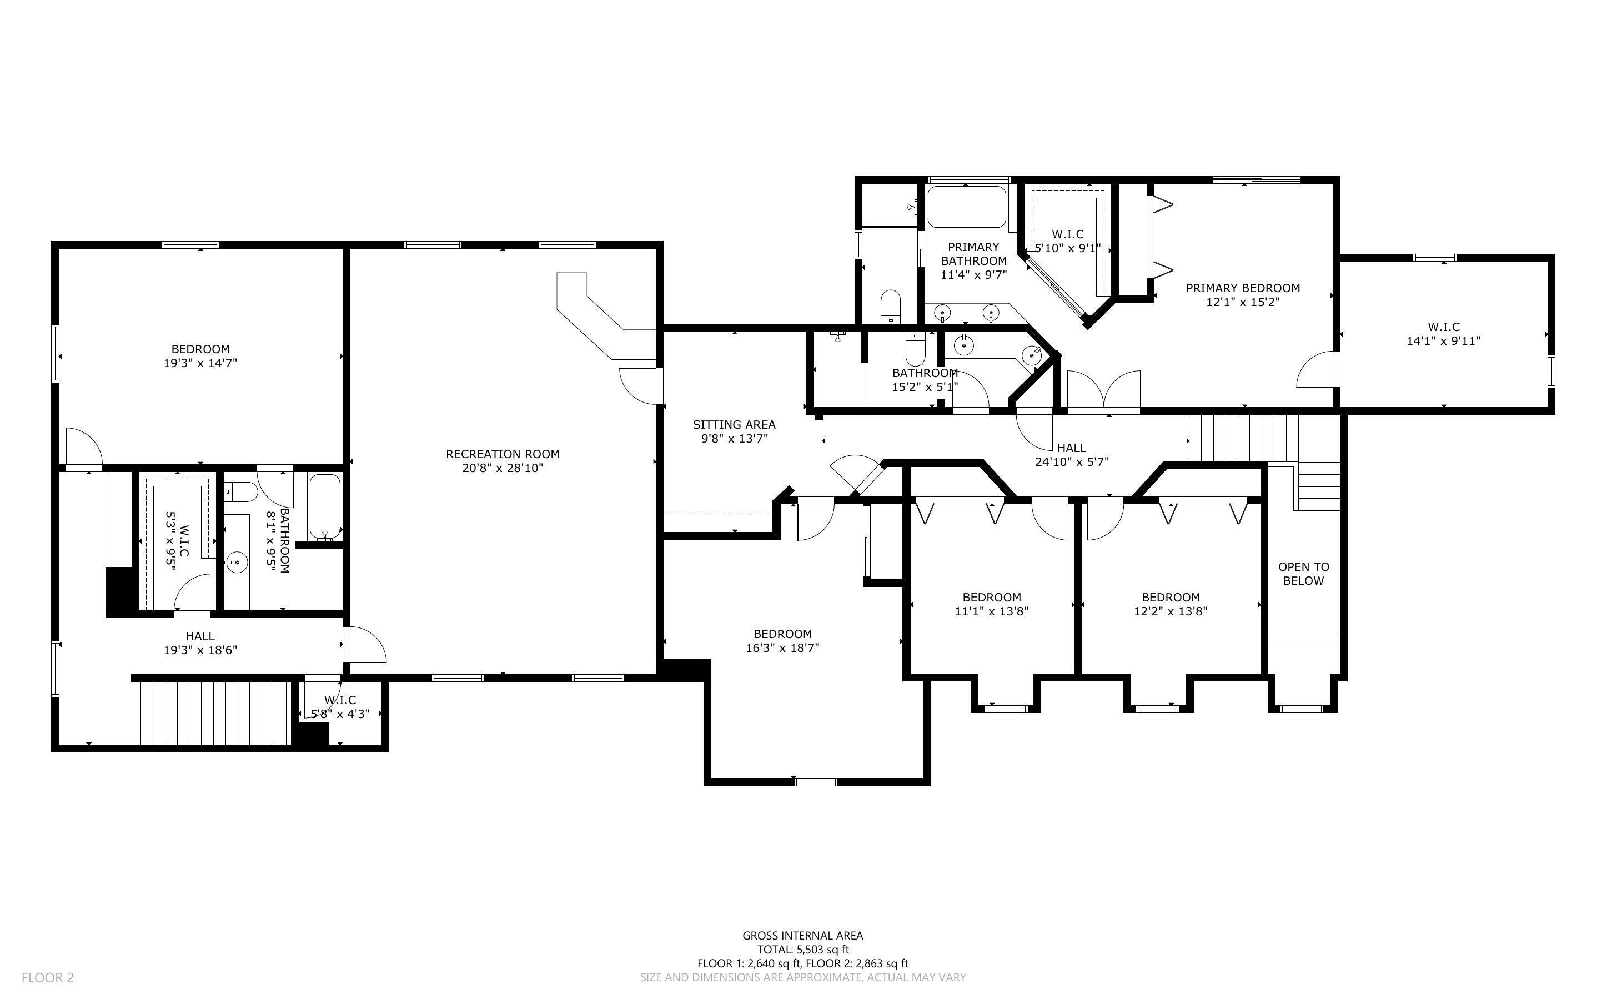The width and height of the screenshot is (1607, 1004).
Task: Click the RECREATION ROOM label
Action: coord(503,454)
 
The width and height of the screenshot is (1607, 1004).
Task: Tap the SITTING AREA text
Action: coord(734,424)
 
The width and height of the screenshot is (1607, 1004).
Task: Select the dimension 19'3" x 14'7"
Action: coord(200,363)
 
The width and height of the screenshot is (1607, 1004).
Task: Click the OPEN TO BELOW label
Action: coord(1303,574)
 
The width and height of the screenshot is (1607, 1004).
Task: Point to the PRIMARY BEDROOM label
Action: coord(1243,288)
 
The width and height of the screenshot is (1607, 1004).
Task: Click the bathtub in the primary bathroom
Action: coord(966,207)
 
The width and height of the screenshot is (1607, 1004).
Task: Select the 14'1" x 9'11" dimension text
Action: coord(1443,340)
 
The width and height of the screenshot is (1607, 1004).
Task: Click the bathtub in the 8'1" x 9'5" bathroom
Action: coord(325,506)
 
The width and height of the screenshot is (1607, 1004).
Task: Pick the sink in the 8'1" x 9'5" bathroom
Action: coord(237,563)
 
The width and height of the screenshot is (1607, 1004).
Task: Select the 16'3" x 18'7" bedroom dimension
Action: coord(782,648)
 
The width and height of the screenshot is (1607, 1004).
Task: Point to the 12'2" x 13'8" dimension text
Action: coord(1169,611)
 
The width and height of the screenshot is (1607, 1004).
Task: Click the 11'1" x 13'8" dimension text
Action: coord(991,611)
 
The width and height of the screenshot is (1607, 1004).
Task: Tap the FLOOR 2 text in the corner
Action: coord(48,977)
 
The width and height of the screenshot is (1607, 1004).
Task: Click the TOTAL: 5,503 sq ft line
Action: coord(802,950)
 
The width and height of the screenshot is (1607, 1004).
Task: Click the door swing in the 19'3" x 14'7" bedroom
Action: coord(82,449)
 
